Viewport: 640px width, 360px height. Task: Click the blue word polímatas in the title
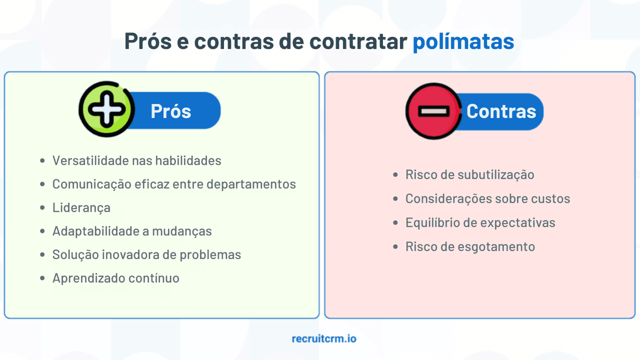pyautogui.click(x=463, y=42)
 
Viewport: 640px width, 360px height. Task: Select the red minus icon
pyautogui.click(x=433, y=111)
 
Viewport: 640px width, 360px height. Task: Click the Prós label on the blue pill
pyautogui.click(x=171, y=111)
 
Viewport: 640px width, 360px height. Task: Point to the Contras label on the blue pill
pyautogui.click(x=501, y=111)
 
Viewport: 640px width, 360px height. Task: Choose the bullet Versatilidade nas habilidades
pyautogui.click(x=137, y=161)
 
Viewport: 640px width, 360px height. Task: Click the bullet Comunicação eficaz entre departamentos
pyautogui.click(x=174, y=184)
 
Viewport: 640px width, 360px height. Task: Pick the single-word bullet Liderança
pyautogui.click(x=81, y=207)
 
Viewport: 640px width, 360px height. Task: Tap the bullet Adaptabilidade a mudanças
pyautogui.click(x=132, y=231)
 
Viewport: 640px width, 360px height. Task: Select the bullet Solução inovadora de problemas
pyautogui.click(x=147, y=254)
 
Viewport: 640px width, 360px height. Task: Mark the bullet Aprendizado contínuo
pyautogui.click(x=116, y=278)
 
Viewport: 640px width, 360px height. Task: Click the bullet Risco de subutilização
pyautogui.click(x=469, y=175)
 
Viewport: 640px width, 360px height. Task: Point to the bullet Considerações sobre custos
pyautogui.click(x=487, y=198)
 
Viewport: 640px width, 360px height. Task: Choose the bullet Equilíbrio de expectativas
pyautogui.click(x=480, y=222)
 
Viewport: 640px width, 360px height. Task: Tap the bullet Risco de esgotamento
pyautogui.click(x=470, y=246)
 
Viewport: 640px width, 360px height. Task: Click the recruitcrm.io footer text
pyautogui.click(x=324, y=338)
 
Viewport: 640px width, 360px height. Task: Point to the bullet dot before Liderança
pyautogui.click(x=43, y=208)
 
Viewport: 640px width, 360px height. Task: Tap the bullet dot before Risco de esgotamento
pyautogui.click(x=395, y=247)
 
